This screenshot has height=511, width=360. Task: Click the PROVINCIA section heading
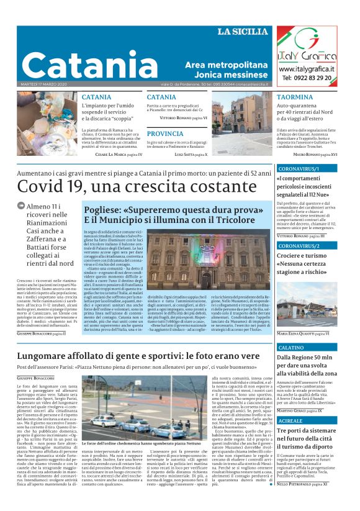click(x=164, y=133)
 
